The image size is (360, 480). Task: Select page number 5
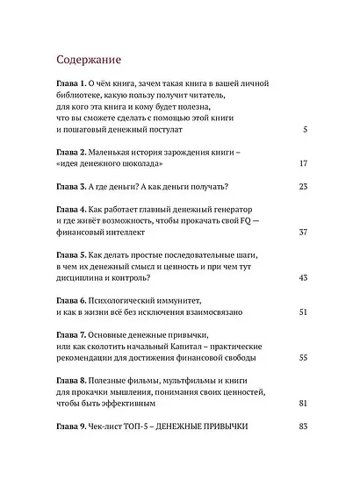pyautogui.click(x=302, y=129)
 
